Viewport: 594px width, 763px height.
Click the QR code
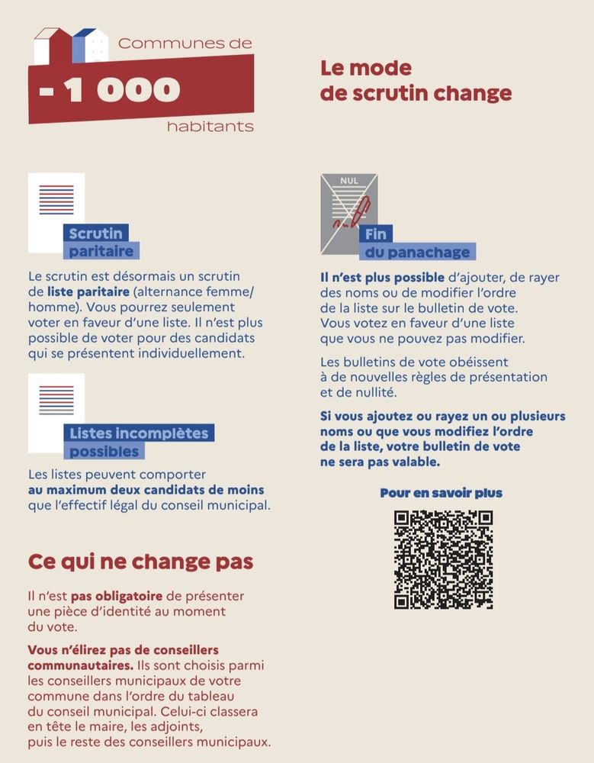[x=443, y=559]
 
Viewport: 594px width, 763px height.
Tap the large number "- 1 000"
[x=111, y=91]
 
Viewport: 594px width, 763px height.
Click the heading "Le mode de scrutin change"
[x=416, y=81]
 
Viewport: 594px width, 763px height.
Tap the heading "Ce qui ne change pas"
[x=140, y=562]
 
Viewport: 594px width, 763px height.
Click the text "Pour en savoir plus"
[x=441, y=493]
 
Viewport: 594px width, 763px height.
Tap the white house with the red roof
[x=51, y=47]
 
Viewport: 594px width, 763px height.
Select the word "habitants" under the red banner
[x=210, y=127]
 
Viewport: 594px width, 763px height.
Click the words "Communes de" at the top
[x=185, y=43]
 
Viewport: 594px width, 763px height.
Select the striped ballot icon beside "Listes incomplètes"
[x=56, y=401]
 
